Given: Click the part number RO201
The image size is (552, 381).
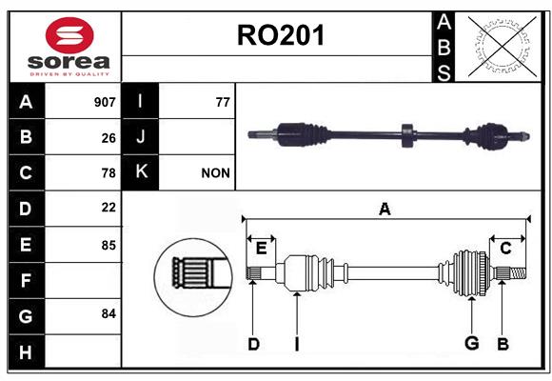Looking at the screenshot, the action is (281, 35).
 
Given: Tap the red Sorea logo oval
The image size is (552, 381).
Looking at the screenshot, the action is (69, 35).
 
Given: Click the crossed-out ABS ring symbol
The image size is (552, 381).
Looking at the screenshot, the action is (503, 47).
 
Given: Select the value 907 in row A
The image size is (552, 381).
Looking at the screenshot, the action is (105, 102).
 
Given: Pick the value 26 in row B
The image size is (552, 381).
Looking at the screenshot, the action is (108, 138).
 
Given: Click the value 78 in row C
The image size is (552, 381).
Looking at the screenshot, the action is (108, 173).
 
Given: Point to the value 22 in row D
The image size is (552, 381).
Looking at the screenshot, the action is (108, 208).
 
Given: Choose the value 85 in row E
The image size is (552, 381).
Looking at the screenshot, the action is (108, 245).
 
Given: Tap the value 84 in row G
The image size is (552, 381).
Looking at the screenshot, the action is (108, 313).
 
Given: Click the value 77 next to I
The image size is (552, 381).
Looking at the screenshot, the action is (223, 102).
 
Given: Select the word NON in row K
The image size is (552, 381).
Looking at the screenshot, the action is (215, 173).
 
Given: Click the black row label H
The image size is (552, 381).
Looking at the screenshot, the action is (27, 351).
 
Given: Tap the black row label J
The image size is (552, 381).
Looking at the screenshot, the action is (140, 137).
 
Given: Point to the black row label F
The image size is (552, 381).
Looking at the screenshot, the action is (27, 280).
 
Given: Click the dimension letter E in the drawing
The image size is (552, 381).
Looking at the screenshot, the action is (261, 249).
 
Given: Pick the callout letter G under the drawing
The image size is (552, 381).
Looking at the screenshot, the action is (471, 343).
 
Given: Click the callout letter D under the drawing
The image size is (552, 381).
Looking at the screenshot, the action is (253, 344).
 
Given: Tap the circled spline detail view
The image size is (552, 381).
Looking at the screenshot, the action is (193, 277).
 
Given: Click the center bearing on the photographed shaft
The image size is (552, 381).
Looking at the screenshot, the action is (408, 135).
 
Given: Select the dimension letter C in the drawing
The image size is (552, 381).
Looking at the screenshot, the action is (505, 249).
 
